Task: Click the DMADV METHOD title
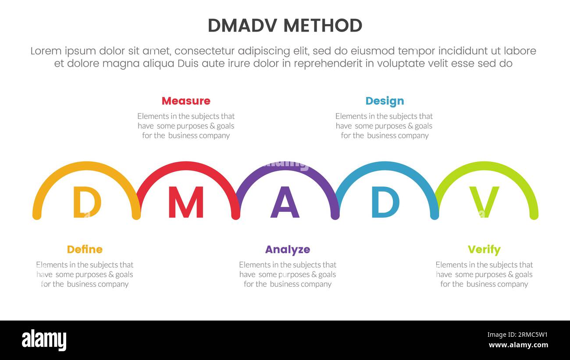tap(285, 25)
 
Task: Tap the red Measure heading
tap(186, 101)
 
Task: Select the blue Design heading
tap(385, 101)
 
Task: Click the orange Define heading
tap(85, 250)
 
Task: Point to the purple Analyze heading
tap(288, 250)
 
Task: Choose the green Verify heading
tap(484, 250)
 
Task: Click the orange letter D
tap(87, 202)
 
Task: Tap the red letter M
tap(186, 202)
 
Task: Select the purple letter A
tap(285, 202)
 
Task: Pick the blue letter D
tap(385, 202)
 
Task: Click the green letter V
tap(484, 202)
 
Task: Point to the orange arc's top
tap(87, 164)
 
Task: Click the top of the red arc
tap(186, 164)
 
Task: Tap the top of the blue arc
tap(385, 164)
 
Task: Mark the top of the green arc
tap(486, 164)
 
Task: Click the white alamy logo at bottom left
tap(44, 340)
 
